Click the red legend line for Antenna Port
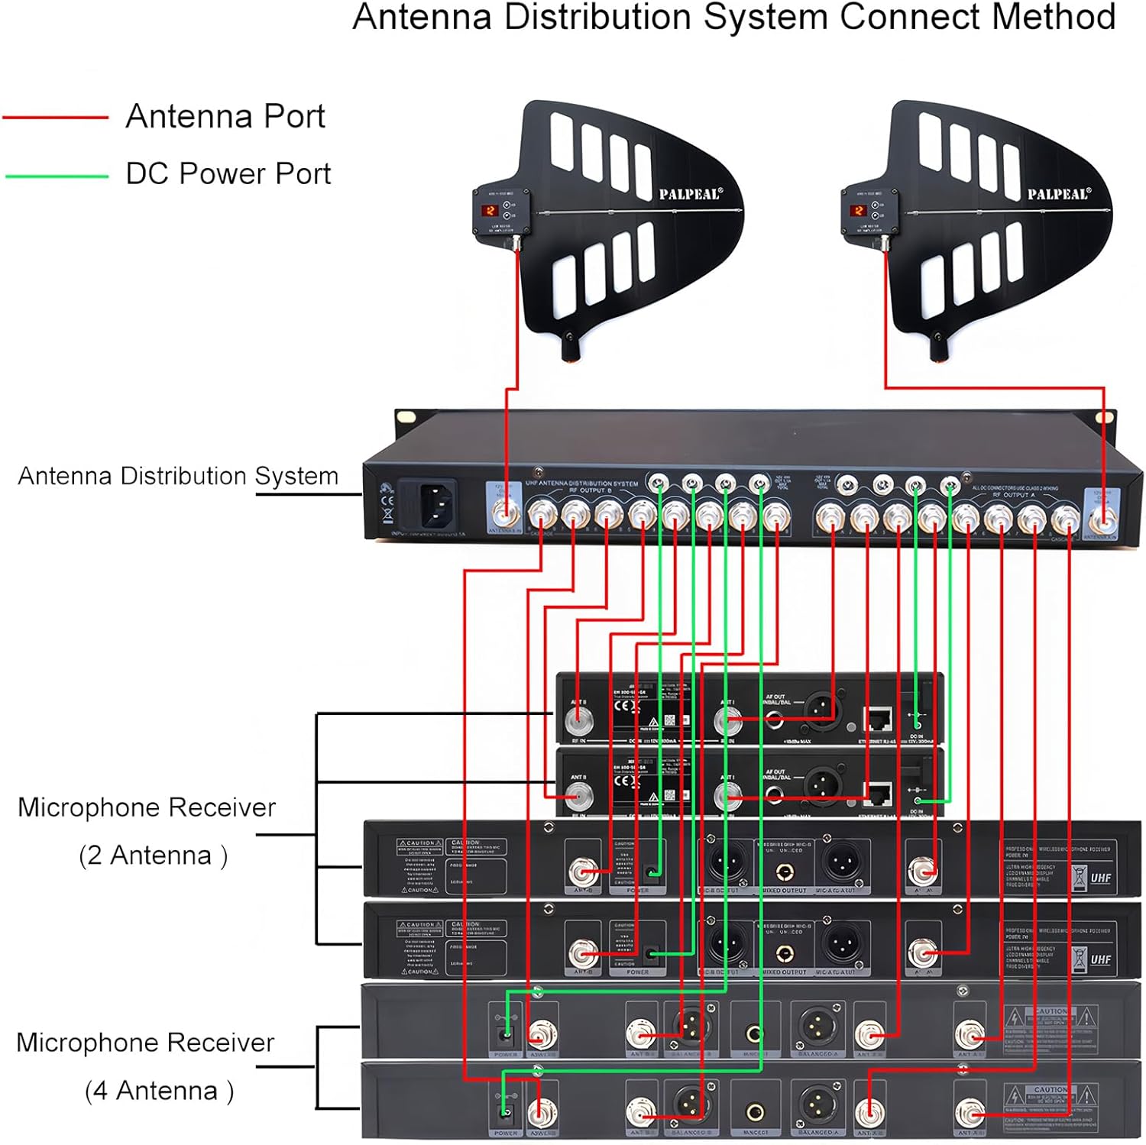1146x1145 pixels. (55, 118)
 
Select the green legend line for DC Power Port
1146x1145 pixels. (57, 176)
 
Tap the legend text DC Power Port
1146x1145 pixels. (228, 174)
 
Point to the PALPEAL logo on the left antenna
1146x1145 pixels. (690, 194)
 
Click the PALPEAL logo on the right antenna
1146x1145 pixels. (1058, 194)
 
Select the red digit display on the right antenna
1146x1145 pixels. (858, 210)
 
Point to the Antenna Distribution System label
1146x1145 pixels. (178, 476)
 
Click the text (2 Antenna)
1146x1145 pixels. (153, 855)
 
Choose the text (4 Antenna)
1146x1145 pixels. (159, 1091)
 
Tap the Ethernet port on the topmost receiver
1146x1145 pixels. (879, 719)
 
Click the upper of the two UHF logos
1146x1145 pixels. (1100, 878)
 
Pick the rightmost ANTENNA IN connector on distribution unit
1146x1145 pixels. (1102, 521)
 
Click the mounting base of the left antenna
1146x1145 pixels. (571, 348)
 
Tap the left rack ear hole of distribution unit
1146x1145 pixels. (404, 417)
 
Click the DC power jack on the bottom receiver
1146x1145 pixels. (504, 1111)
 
